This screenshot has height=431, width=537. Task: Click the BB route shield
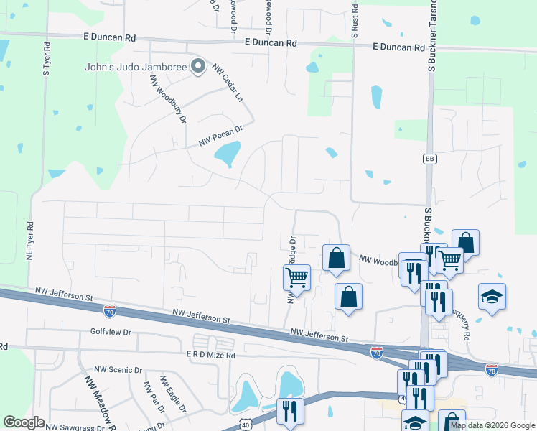point(429,159)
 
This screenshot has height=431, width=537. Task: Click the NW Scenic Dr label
point(117,370)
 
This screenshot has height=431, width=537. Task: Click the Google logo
point(24,422)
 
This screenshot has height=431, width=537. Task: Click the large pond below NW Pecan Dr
point(228,154)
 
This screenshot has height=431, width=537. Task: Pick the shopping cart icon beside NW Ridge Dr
point(296,277)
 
